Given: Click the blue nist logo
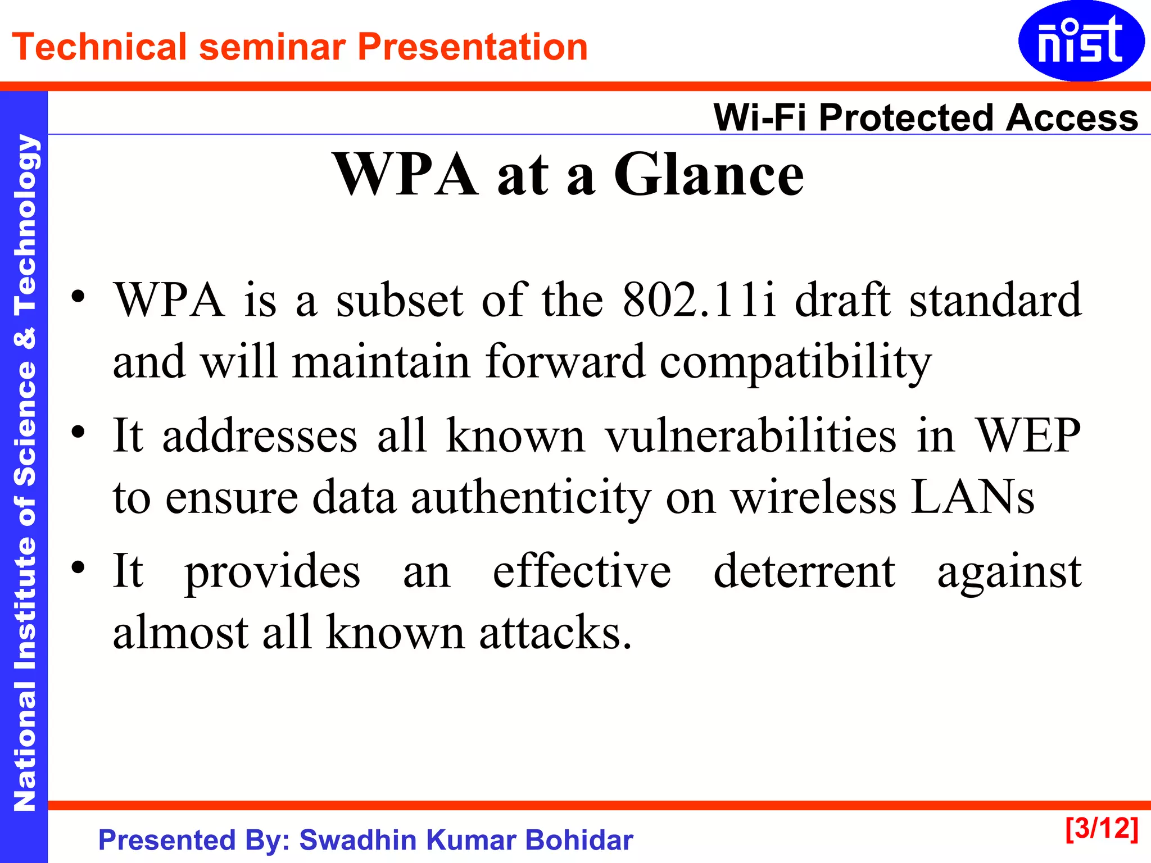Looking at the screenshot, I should coord(1081,40).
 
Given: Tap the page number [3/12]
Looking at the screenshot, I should coord(1102,829).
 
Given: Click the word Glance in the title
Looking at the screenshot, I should coord(709,175).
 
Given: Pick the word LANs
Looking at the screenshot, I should coord(972,497).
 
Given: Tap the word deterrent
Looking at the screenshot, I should coord(804,571).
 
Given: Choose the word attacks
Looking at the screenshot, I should coord(555,632).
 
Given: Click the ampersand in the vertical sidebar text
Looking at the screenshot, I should coord(24,338).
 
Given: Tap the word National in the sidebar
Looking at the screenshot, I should coord(24,747).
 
